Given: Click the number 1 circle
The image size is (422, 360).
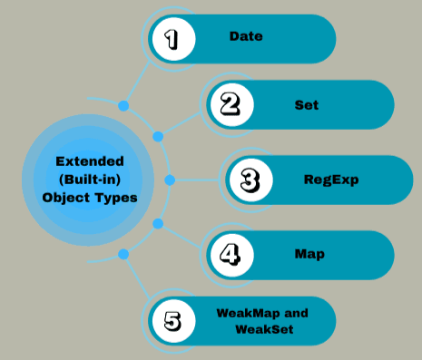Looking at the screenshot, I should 172,38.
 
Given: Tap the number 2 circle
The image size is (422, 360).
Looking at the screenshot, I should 231,105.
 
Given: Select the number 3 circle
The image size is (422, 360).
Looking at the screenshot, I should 249,180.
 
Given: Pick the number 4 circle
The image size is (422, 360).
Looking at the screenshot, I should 231,253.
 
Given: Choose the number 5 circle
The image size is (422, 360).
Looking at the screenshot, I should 172,320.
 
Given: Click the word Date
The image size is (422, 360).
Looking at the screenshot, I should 246,37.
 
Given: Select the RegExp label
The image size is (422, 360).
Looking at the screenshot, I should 331,180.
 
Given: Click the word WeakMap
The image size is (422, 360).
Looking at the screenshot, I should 250,313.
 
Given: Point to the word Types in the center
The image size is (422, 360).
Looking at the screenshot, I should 116,197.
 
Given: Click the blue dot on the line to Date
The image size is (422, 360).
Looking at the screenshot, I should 123,106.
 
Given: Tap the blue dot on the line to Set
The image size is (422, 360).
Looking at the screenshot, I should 158,137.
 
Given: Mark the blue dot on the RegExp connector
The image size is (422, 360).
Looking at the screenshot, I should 169,180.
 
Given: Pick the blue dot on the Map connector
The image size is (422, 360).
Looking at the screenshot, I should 158,223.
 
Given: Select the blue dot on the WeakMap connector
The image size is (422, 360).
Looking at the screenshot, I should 123,255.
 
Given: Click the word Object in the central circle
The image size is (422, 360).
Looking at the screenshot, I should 64,197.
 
